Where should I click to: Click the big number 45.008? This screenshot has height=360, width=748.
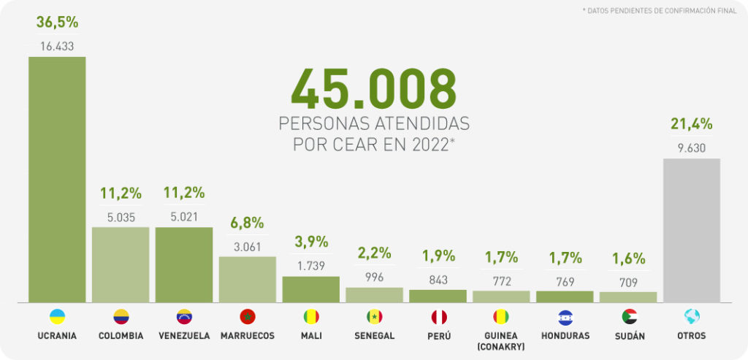pyautogui.click(x=373, y=88)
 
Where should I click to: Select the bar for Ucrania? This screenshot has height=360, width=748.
pyautogui.click(x=57, y=179)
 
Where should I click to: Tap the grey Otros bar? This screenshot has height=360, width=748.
pyautogui.click(x=691, y=230)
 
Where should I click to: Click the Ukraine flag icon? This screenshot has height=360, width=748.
pyautogui.click(x=57, y=317)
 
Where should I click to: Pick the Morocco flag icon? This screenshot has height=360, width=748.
pyautogui.click(x=248, y=317)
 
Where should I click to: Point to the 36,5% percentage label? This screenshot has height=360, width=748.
pyautogui.click(x=57, y=23)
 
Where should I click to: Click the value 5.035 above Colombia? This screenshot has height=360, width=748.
pyautogui.click(x=121, y=216)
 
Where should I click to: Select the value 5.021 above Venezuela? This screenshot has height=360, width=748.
pyautogui.click(x=184, y=216)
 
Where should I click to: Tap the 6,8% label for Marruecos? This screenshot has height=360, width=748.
pyautogui.click(x=248, y=223)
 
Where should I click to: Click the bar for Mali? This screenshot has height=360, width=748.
pyautogui.click(x=311, y=289)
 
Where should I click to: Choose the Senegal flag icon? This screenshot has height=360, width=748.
pyautogui.click(x=375, y=317)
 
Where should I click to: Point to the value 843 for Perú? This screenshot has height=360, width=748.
pyautogui.click(x=438, y=279)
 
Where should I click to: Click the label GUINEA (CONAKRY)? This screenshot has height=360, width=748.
pyautogui.click(x=501, y=340)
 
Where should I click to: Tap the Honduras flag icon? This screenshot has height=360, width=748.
pyautogui.click(x=565, y=317)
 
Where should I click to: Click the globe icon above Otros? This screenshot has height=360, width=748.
pyautogui.click(x=691, y=317)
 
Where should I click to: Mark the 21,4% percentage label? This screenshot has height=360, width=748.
pyautogui.click(x=691, y=124)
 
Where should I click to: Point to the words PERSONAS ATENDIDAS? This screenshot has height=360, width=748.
pyautogui.click(x=373, y=123)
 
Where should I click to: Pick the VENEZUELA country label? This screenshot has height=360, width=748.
pyautogui.click(x=184, y=336)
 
